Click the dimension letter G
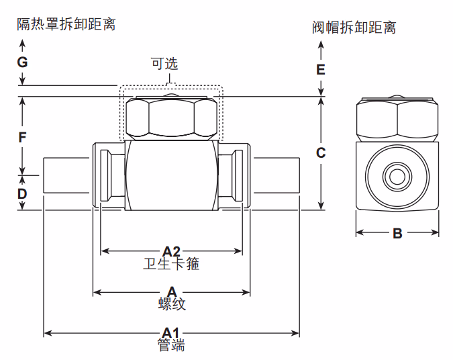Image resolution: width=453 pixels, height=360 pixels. click(x=22, y=62)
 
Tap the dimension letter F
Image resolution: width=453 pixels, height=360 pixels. click(x=22, y=138)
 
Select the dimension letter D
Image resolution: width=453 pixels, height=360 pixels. click(x=22, y=194)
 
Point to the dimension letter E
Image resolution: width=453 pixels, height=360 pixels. click(x=321, y=69)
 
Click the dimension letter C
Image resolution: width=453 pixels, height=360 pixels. click(x=321, y=152)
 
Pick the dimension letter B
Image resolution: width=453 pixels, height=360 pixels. click(x=397, y=234)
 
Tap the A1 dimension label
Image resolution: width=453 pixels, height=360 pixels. click(x=172, y=332)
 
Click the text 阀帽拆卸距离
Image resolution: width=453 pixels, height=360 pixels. click(x=354, y=28)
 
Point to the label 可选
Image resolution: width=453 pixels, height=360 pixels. click(x=164, y=64)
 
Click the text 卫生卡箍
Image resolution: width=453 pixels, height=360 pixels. click(x=172, y=264)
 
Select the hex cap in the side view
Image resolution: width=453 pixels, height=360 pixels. click(x=397, y=119)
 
